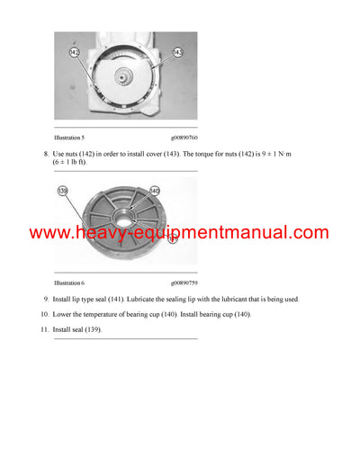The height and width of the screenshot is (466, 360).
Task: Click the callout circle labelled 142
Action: [74, 54]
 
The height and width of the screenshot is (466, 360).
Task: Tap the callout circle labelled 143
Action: [178, 54]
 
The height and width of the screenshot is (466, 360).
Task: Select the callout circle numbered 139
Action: [63, 191]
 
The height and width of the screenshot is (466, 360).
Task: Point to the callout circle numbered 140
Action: [154, 191]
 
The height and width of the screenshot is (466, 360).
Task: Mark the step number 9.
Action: [45, 299]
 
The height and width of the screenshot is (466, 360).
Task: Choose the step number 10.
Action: [43, 314]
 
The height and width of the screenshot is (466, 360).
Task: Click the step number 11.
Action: [43, 330]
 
